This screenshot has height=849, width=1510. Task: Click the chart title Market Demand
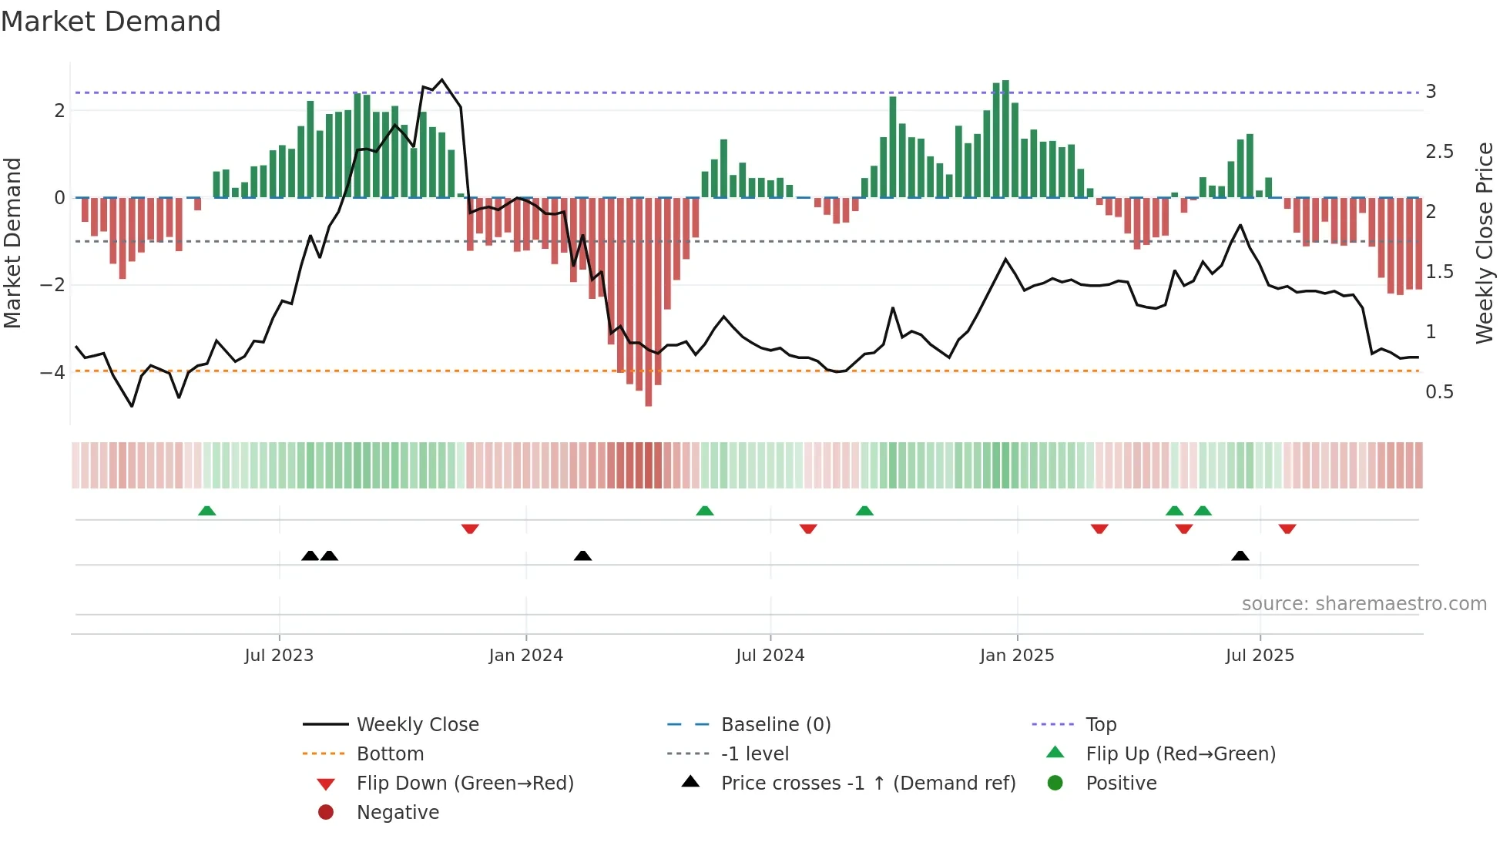(111, 22)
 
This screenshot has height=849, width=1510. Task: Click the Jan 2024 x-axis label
(525, 656)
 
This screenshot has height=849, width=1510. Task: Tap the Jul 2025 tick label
(1260, 656)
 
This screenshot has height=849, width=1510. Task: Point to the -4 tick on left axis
(52, 373)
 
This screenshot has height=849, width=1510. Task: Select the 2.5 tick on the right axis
(1438, 152)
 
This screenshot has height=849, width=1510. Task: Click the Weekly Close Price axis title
(1484, 243)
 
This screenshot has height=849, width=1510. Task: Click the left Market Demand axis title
(12, 243)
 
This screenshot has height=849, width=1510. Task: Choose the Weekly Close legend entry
(417, 725)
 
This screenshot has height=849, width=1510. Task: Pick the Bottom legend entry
(390, 754)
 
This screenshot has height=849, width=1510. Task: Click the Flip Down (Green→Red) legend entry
(465, 784)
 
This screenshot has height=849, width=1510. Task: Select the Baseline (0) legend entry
(775, 725)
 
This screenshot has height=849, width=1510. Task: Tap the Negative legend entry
(398, 813)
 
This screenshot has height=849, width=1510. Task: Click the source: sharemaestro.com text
(1364, 604)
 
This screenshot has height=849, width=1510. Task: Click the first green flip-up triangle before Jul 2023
(206, 511)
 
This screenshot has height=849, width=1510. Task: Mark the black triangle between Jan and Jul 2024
(582, 555)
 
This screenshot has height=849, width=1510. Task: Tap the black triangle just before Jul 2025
(1240, 555)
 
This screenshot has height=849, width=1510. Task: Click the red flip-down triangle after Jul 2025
(1287, 529)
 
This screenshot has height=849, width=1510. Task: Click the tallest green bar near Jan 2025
(1005, 139)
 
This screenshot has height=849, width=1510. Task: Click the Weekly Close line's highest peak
(441, 80)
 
